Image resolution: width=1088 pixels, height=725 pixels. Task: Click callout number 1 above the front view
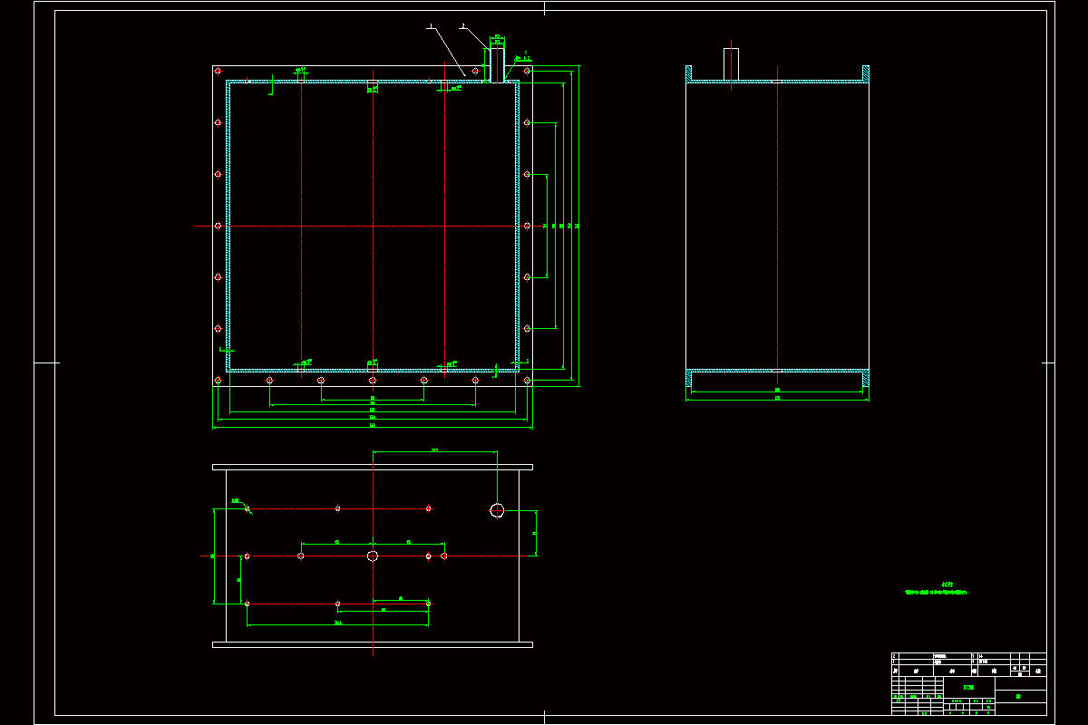[x=429, y=26]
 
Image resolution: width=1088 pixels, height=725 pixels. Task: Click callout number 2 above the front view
[x=462, y=26]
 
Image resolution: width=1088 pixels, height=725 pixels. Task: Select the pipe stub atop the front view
[x=497, y=63]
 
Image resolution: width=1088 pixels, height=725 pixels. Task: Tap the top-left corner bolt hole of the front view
[x=218, y=71]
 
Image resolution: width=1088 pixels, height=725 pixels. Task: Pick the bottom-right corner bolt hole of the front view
[x=527, y=381]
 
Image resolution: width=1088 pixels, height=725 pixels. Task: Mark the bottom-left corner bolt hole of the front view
[x=218, y=381]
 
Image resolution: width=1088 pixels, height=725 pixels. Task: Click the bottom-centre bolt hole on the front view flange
[x=373, y=381]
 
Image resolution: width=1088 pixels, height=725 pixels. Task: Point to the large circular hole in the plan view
[x=497, y=510]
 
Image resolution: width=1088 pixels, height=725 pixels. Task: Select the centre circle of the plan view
[x=373, y=556]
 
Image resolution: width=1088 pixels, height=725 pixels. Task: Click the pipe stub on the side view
[x=731, y=63]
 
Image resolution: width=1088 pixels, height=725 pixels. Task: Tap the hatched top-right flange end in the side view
[x=866, y=73]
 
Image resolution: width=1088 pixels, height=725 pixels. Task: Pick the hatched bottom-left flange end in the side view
[x=689, y=379]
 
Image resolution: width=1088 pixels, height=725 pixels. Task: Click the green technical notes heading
[x=947, y=585]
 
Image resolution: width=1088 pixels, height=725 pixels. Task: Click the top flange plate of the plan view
[x=373, y=467]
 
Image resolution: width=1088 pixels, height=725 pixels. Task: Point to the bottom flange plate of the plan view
[x=373, y=644]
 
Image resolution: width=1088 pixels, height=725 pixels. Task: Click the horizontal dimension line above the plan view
[x=435, y=451]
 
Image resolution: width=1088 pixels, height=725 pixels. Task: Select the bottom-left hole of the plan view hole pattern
[x=248, y=603]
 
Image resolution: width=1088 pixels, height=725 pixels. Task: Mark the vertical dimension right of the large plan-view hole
[x=535, y=533]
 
